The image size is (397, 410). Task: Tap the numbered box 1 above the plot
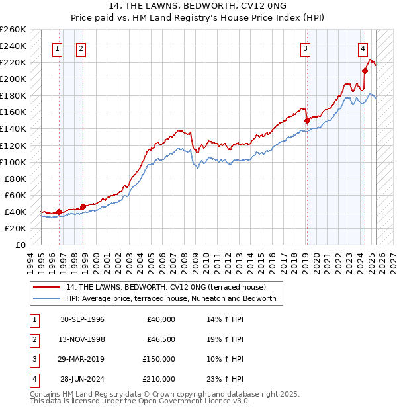click(x=58, y=48)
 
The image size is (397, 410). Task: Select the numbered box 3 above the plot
click(x=306, y=48)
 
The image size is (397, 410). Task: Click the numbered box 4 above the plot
click(x=363, y=48)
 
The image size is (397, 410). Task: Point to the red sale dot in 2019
click(x=307, y=120)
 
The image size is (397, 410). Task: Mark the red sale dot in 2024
click(x=365, y=71)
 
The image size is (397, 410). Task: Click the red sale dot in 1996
click(x=59, y=212)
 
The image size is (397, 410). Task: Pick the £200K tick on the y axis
click(x=13, y=79)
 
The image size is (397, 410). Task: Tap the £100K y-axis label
click(x=13, y=162)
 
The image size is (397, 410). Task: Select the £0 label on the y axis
click(x=21, y=245)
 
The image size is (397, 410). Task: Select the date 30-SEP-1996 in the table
click(x=82, y=319)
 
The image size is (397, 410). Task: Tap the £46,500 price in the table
click(x=159, y=339)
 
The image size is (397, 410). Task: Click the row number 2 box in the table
click(x=34, y=339)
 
